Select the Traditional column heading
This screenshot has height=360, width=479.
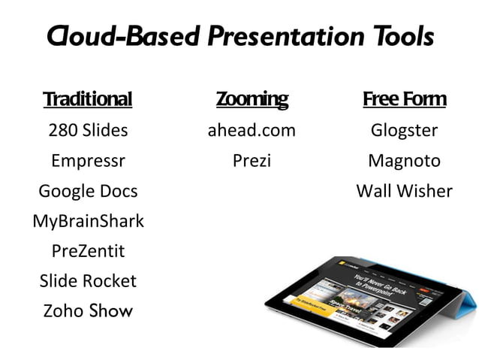[x=88, y=99]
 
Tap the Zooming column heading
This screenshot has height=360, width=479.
[x=252, y=99]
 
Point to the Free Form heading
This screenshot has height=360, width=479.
[x=404, y=99]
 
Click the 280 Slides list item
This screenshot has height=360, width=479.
[x=88, y=130]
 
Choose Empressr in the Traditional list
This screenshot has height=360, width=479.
[x=88, y=161]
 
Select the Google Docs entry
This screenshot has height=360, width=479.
[x=88, y=191]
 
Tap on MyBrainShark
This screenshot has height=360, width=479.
[x=88, y=221]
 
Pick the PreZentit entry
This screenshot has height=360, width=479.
[x=88, y=250]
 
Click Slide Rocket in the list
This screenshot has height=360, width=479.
[x=88, y=280]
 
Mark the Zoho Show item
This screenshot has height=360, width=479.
[x=88, y=310]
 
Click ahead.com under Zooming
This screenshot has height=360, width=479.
[x=252, y=130]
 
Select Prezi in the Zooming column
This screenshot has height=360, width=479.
[x=252, y=161]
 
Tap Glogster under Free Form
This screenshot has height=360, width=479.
[x=404, y=130]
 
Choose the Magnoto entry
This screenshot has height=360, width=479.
[x=404, y=161]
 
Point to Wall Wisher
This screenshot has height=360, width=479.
[x=404, y=191]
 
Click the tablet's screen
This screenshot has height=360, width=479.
[x=368, y=293]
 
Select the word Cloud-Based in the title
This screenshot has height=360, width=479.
[x=123, y=35]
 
